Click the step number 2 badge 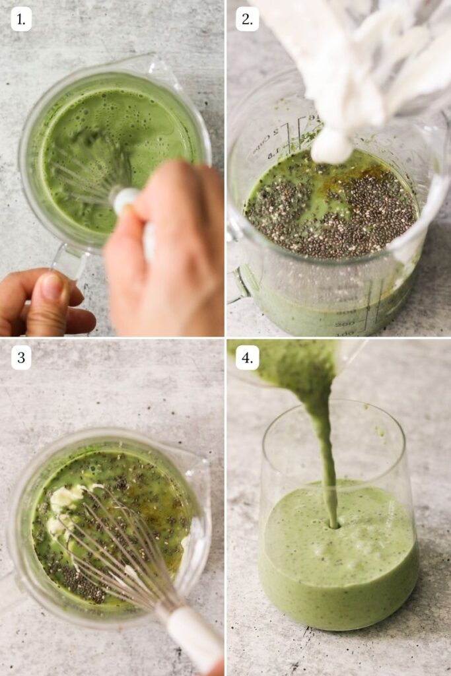point(247,19)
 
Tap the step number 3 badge point(21,358)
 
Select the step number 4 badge point(247,358)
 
